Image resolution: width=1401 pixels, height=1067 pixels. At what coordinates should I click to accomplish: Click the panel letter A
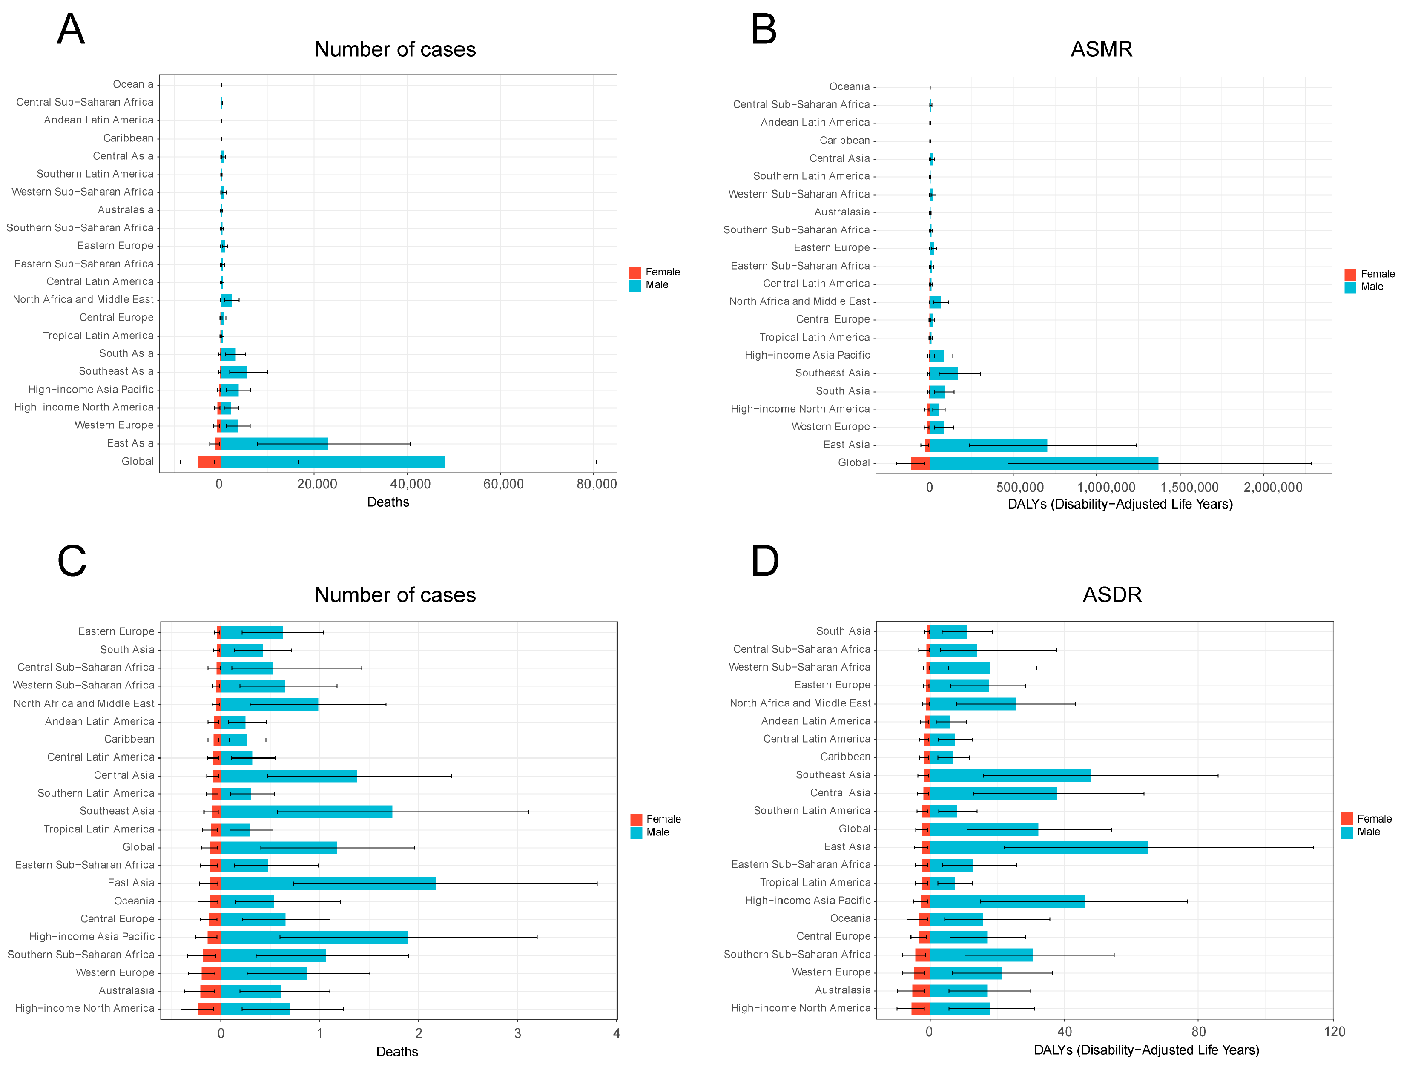(71, 29)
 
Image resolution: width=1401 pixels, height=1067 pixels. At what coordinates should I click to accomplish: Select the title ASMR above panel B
(1101, 49)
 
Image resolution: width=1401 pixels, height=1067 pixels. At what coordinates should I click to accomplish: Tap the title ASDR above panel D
(1111, 594)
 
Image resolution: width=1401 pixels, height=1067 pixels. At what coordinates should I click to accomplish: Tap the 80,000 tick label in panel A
(596, 484)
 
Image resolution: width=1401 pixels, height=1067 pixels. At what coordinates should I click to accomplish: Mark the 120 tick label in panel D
(1334, 1031)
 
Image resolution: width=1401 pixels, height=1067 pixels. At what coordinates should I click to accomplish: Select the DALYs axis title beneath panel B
(1120, 504)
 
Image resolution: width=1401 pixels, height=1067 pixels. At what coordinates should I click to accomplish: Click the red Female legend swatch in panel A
(635, 272)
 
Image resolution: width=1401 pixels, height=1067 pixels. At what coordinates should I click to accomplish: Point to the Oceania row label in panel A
(133, 84)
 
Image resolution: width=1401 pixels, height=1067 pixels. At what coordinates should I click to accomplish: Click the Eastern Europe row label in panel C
(116, 631)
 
